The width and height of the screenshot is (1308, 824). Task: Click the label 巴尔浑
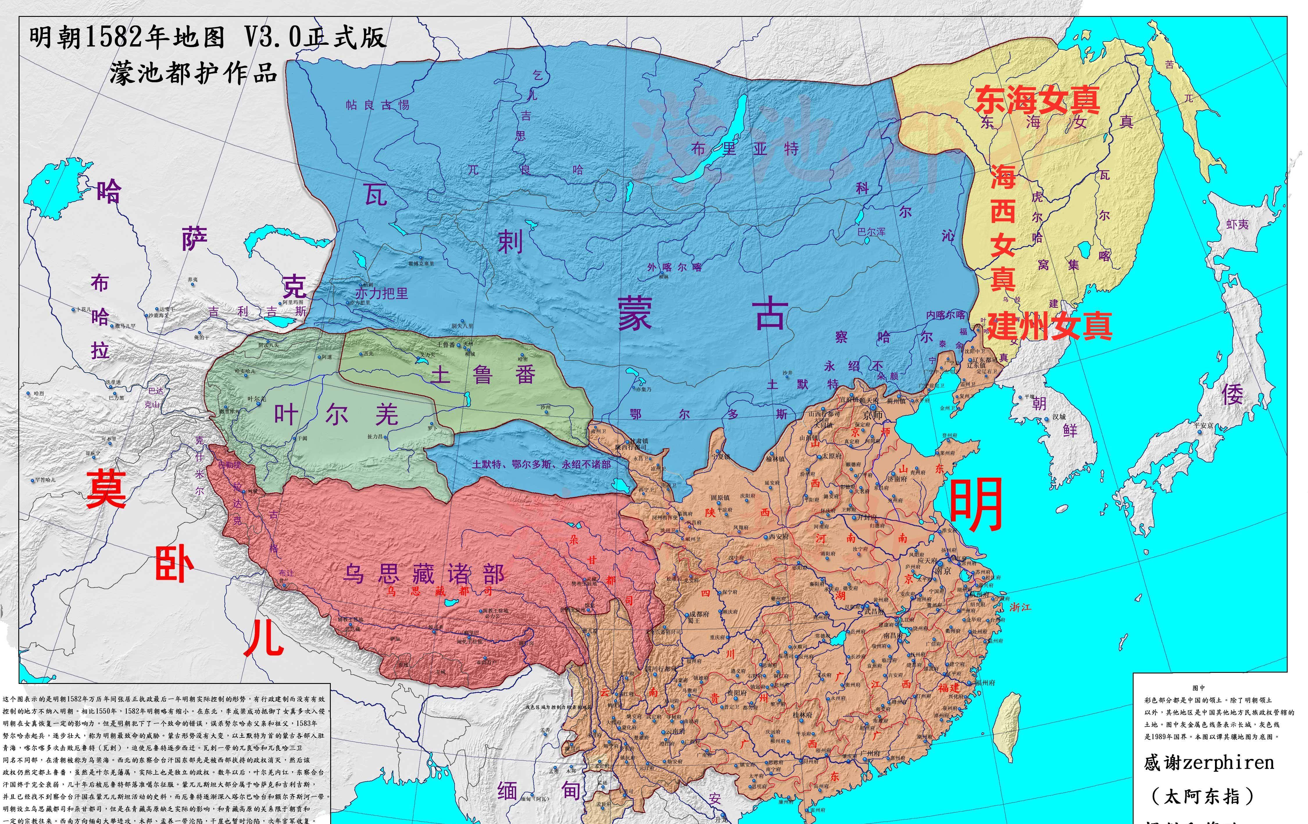[871, 232]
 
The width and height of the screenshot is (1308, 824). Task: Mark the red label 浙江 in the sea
[1020, 607]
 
